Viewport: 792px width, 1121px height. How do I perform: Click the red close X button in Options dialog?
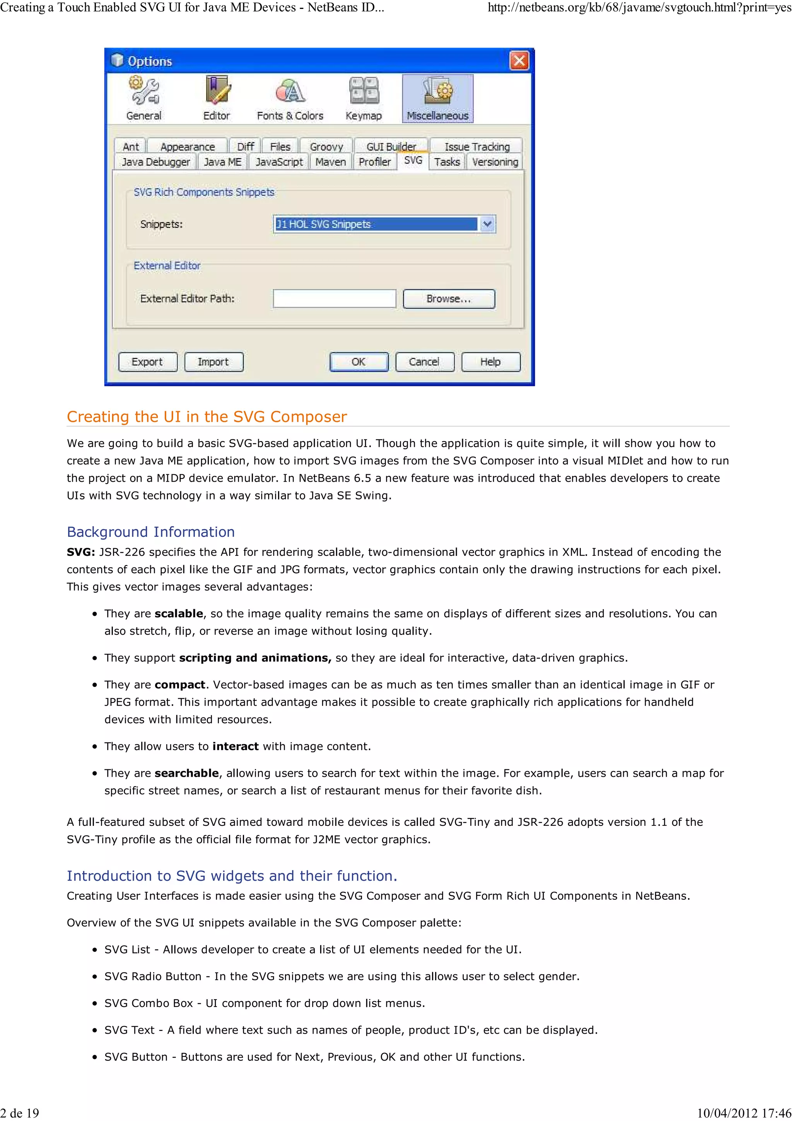519,61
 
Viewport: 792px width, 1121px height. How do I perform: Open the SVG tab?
413,161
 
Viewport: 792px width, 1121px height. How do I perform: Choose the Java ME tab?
222,162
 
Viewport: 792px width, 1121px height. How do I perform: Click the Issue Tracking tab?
476,147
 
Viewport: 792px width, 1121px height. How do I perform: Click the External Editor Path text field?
334,299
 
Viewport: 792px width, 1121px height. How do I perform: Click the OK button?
358,362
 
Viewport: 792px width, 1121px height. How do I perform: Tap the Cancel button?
424,362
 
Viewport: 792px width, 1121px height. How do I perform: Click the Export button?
147,362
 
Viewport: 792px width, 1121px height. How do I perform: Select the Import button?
213,362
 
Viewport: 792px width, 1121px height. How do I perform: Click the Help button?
490,362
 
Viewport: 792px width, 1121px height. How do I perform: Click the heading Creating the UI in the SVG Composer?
207,417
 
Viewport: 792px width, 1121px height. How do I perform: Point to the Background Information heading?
150,532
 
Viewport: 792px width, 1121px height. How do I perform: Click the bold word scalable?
179,614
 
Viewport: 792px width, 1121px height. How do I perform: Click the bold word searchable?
186,773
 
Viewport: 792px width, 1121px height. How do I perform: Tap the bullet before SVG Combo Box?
95,1004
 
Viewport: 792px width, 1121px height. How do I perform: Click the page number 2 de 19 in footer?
19,1113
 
